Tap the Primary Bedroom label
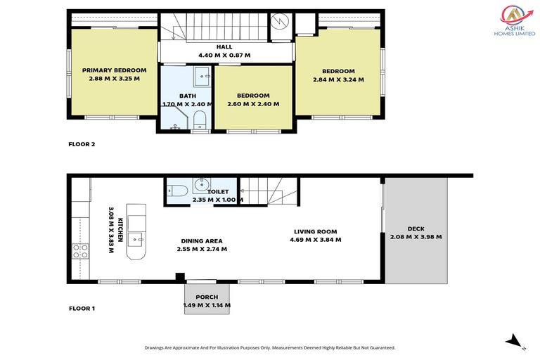tap(114, 75)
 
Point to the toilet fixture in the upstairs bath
tap(199, 119)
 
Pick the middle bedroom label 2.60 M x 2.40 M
tap(253, 100)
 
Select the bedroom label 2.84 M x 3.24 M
tap(338, 75)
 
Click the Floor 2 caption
tap(82, 144)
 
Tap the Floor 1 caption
tap(82, 308)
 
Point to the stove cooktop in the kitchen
tap(79, 251)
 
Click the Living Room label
tap(314, 236)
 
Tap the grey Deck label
tap(416, 233)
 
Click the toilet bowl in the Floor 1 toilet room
tap(176, 190)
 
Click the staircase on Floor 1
tap(271, 191)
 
